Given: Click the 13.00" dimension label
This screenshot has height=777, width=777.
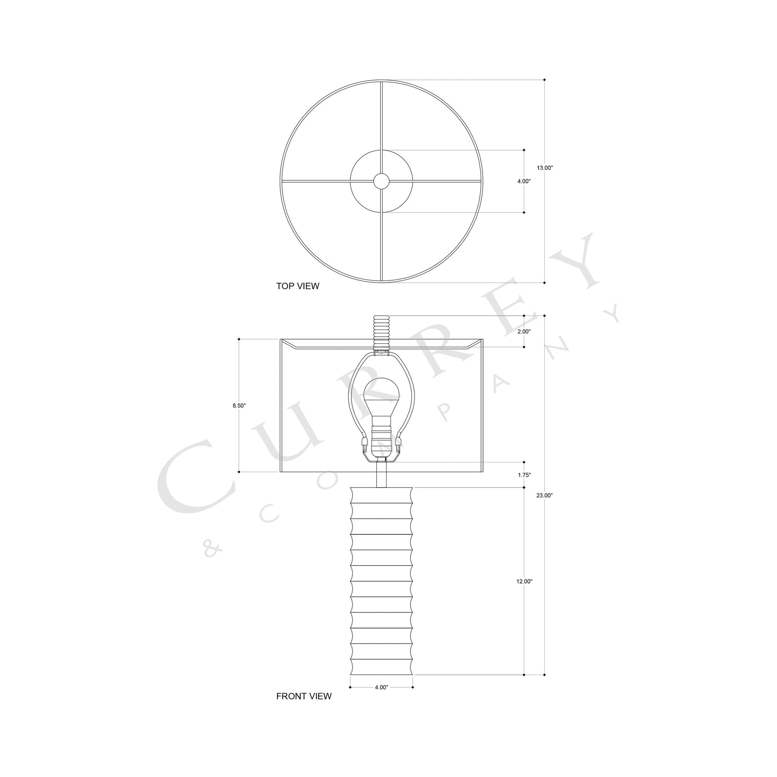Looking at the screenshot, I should pyautogui.click(x=545, y=168).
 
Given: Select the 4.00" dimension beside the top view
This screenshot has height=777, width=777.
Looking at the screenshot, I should pyautogui.click(x=523, y=181).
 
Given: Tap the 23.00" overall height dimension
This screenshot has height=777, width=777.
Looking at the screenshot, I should pyautogui.click(x=545, y=496).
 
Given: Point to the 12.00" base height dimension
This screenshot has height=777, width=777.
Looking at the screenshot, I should pyautogui.click(x=524, y=581).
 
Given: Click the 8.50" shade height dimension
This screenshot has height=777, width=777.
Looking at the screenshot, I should pyautogui.click(x=239, y=406).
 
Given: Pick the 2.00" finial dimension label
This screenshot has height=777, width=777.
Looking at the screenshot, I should pyautogui.click(x=523, y=332).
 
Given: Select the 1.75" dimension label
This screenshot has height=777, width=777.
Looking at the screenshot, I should pyautogui.click(x=524, y=475).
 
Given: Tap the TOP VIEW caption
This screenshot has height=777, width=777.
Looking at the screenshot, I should pyautogui.click(x=297, y=286).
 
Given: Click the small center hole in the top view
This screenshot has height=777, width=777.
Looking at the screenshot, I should pyautogui.click(x=381, y=181).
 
